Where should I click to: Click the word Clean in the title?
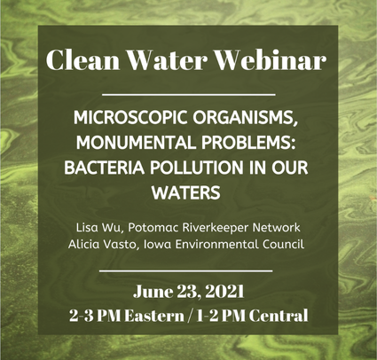[82, 59]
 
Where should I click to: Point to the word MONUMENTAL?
[137, 143]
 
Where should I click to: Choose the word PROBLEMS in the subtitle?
[248, 143]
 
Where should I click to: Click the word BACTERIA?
[105, 168]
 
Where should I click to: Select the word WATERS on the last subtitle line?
[186, 192]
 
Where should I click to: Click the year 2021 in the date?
[224, 292]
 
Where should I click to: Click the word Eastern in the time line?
[154, 316]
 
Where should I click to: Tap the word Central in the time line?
[279, 316]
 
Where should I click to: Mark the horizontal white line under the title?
[189, 95]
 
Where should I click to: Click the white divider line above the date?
[185, 270]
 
